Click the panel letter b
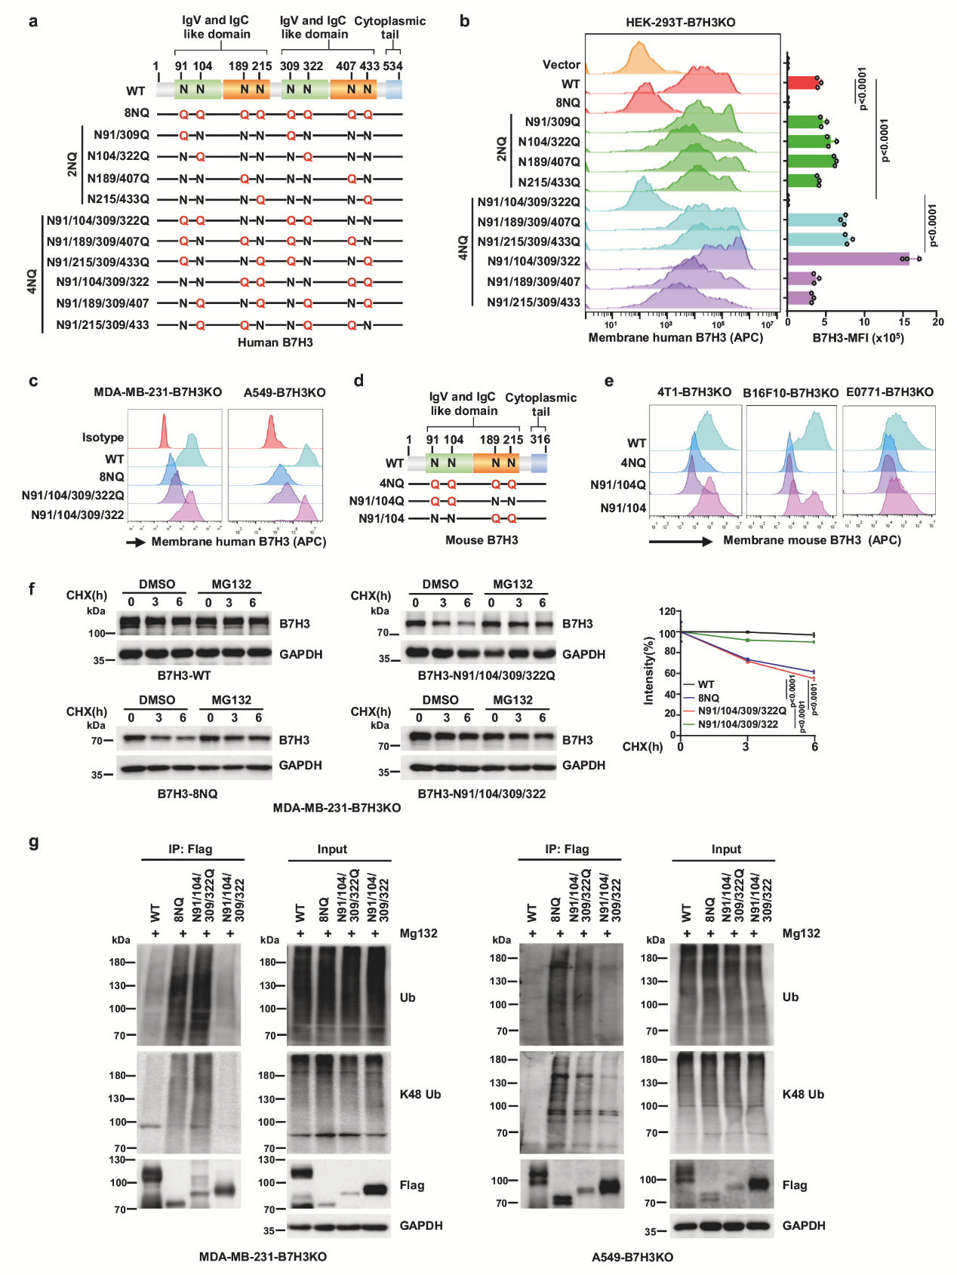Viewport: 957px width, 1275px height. tap(465, 21)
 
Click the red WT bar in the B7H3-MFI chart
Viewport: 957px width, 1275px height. tap(802, 83)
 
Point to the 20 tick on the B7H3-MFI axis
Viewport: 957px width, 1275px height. tap(937, 322)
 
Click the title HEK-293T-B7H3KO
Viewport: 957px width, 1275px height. tap(680, 23)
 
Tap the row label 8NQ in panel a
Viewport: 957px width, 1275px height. tap(137, 113)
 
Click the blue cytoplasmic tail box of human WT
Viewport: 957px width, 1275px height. tap(394, 90)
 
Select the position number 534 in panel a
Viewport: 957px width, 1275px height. tap(392, 66)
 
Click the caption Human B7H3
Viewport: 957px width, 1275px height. tap(275, 343)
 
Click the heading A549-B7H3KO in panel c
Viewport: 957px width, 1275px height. tap(285, 392)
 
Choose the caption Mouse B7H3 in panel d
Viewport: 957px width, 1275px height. tap(482, 540)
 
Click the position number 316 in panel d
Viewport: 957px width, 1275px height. tap(540, 440)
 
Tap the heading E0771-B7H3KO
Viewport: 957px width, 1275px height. tap(889, 392)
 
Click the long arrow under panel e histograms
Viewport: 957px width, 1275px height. tap(680, 541)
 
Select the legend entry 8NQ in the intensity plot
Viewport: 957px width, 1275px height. tap(708, 698)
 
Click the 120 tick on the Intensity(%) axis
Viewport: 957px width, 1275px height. tap(666, 612)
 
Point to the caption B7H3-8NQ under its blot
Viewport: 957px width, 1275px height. tap(187, 794)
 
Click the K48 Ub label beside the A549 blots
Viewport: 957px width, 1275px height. tap(803, 1094)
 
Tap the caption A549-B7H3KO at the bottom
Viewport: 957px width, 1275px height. tap(632, 1257)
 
